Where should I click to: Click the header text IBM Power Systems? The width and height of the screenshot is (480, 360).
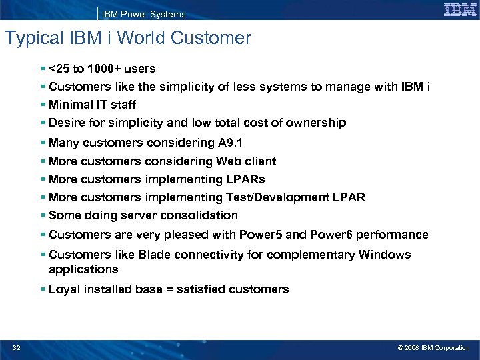point(145,14)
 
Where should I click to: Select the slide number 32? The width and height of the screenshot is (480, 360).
point(16,347)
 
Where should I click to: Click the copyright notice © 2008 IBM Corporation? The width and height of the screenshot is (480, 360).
point(433,347)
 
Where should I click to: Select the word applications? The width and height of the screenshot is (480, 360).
point(83,269)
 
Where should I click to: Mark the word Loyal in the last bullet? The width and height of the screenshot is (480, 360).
point(64,289)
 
